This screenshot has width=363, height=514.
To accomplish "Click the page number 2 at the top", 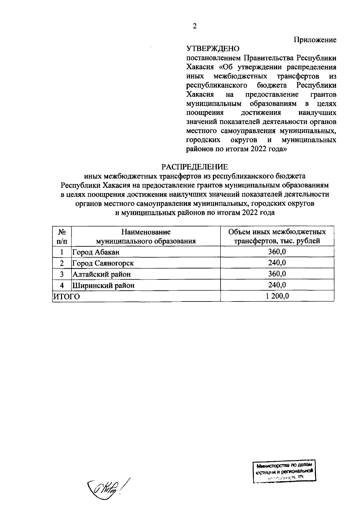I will pyautogui.click(x=195, y=26).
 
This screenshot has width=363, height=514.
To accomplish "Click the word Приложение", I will pyautogui.click(x=315, y=40).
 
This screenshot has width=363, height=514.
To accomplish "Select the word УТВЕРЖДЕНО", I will pyautogui.click(x=212, y=49).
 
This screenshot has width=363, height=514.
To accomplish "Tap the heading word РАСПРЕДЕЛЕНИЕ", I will pyautogui.click(x=195, y=167).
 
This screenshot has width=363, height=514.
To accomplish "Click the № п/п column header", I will pyautogui.click(x=62, y=236).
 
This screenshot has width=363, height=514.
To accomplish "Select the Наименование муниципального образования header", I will pyautogui.click(x=146, y=236).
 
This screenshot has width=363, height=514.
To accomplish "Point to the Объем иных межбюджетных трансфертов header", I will pyautogui.click(x=277, y=236).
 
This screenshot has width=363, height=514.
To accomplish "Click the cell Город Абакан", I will pyautogui.click(x=96, y=252).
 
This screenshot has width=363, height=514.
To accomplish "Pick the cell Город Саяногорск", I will pyautogui.click(x=103, y=263).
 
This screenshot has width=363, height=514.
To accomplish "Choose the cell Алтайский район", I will pyautogui.click(x=102, y=274).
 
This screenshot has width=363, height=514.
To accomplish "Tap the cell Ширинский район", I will pyautogui.click(x=103, y=285).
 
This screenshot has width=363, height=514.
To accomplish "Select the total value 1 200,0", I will pyautogui.click(x=277, y=296).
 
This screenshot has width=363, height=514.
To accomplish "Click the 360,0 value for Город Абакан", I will pyautogui.click(x=277, y=252).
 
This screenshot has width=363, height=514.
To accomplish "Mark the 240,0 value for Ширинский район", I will pyautogui.click(x=277, y=285).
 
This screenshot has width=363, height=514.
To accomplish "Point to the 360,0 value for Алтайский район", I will pyautogui.click(x=277, y=274).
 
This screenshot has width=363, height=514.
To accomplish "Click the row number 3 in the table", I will pyautogui.click(x=62, y=274).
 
